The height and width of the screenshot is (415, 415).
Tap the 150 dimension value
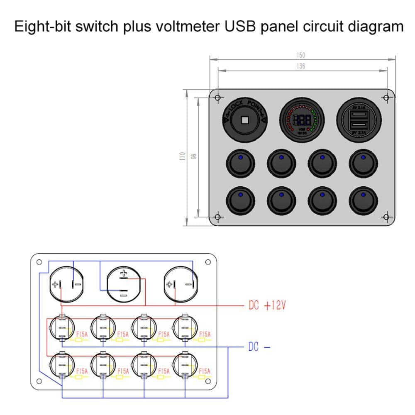301,55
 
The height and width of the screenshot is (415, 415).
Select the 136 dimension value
301,66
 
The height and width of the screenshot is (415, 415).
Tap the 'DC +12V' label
267,306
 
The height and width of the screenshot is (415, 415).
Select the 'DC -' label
259,347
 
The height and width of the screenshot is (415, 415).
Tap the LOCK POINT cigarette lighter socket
244,120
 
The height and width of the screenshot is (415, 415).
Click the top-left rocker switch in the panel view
241,163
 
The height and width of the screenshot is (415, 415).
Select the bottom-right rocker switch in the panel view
363,201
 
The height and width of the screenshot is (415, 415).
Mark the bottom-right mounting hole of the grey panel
386,217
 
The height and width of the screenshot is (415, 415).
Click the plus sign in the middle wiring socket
123,273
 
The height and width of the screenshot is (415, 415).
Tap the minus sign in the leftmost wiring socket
76,284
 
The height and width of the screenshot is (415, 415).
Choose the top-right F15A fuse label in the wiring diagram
205,334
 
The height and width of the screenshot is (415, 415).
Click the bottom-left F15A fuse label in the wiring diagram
82,371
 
